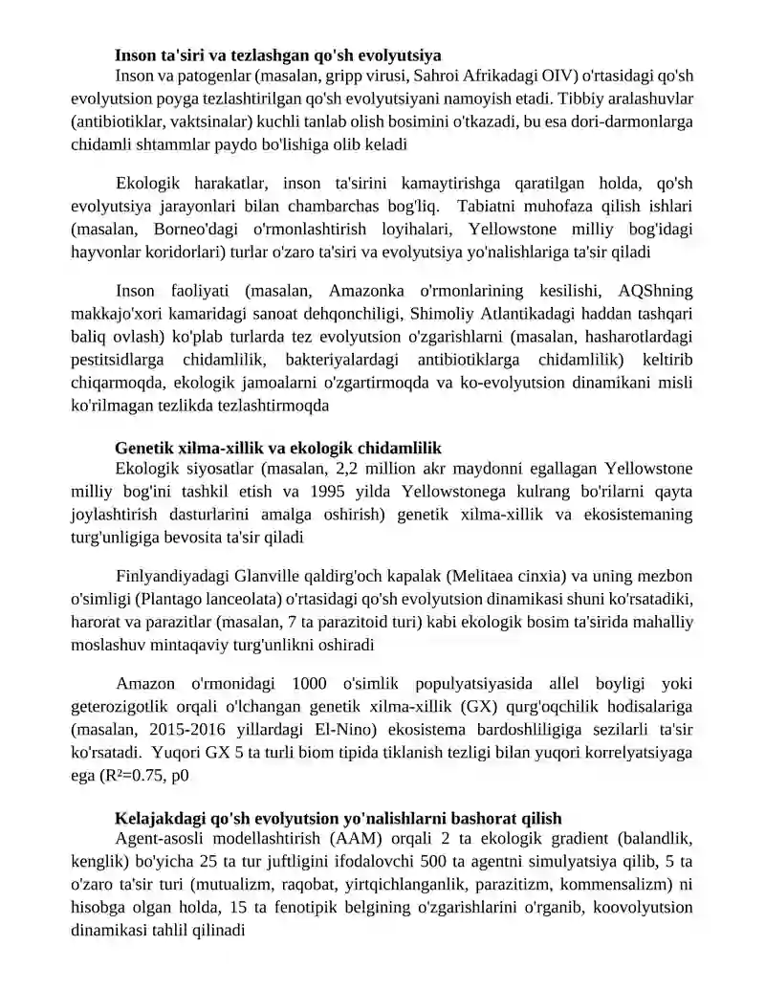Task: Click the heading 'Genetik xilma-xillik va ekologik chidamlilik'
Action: (x=277, y=448)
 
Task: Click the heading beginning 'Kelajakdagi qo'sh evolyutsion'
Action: (x=337, y=819)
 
